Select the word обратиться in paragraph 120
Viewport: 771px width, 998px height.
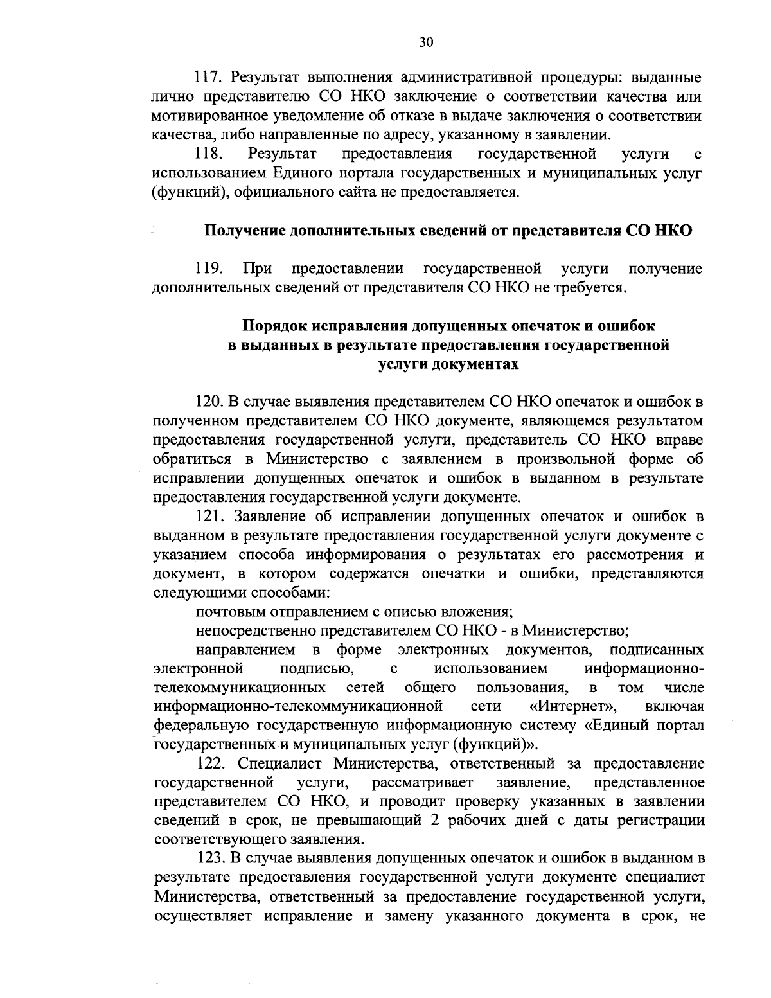point(192,459)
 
